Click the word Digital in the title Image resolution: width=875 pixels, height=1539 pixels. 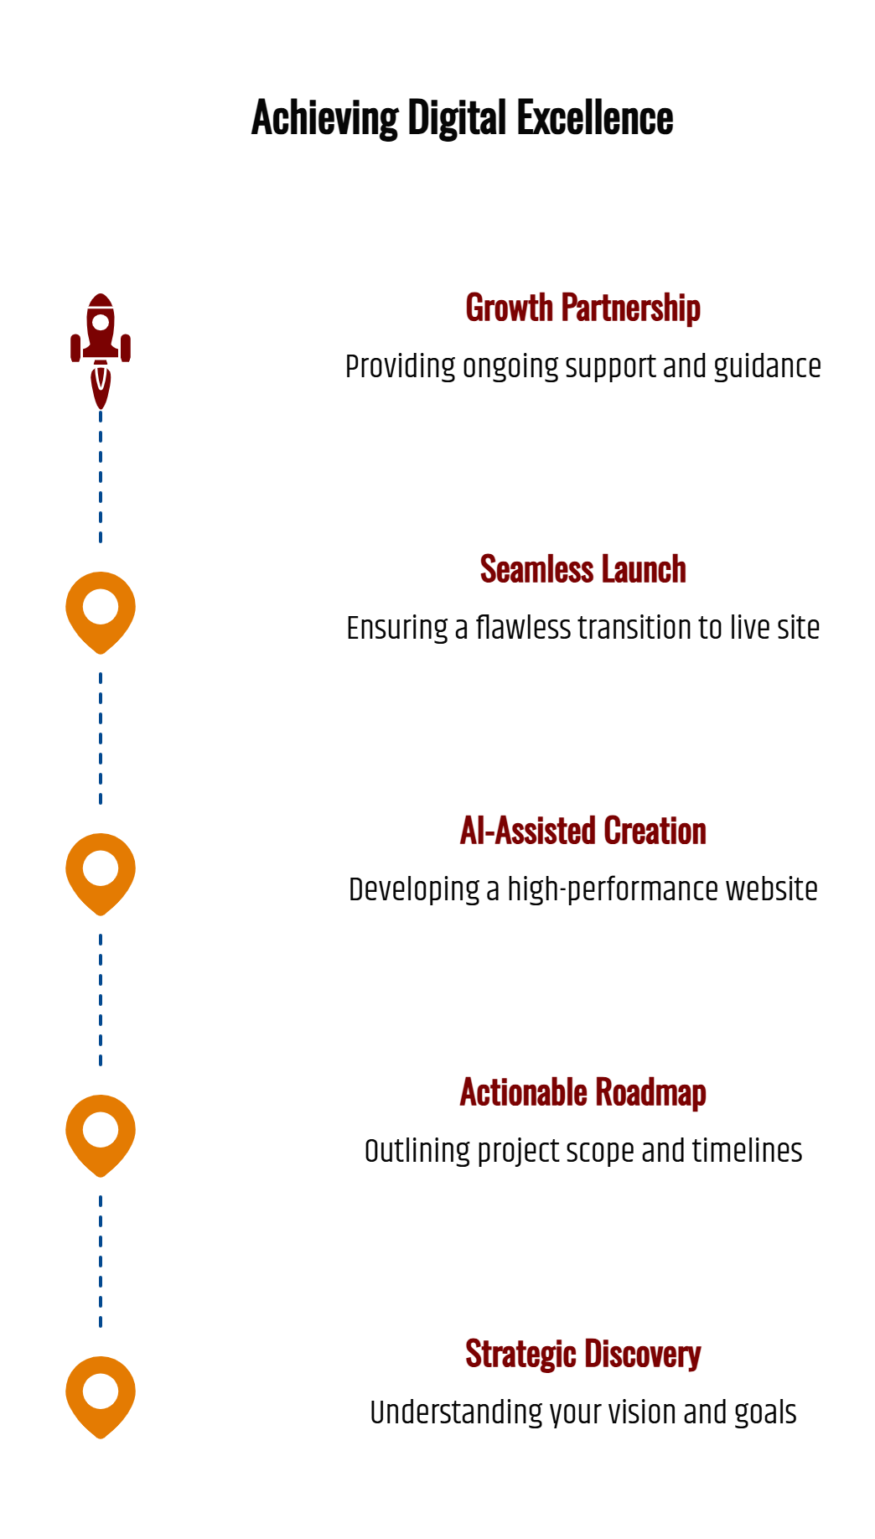tap(457, 118)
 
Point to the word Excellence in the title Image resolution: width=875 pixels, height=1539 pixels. tap(595, 118)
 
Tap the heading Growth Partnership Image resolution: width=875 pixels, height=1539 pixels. tap(582, 308)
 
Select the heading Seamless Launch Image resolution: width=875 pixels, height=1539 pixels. tap(582, 569)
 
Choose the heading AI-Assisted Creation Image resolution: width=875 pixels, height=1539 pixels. tap(582, 831)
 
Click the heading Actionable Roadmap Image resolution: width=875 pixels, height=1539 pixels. tap(582, 1092)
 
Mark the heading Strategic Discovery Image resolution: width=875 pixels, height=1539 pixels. tap(582, 1354)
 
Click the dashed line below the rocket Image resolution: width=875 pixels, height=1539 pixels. tap(101, 478)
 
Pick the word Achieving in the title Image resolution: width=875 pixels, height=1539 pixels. tap(324, 118)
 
